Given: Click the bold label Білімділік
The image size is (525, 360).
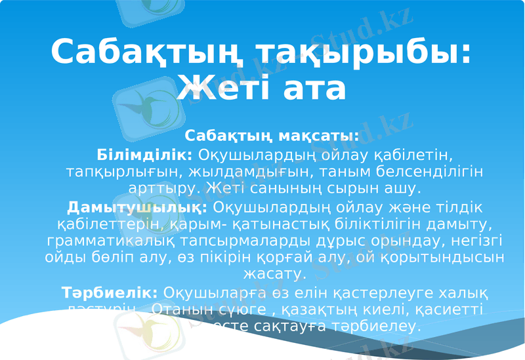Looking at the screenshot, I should pyautogui.click(x=144, y=155).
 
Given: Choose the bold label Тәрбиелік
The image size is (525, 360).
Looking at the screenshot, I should pyautogui.click(x=110, y=292).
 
